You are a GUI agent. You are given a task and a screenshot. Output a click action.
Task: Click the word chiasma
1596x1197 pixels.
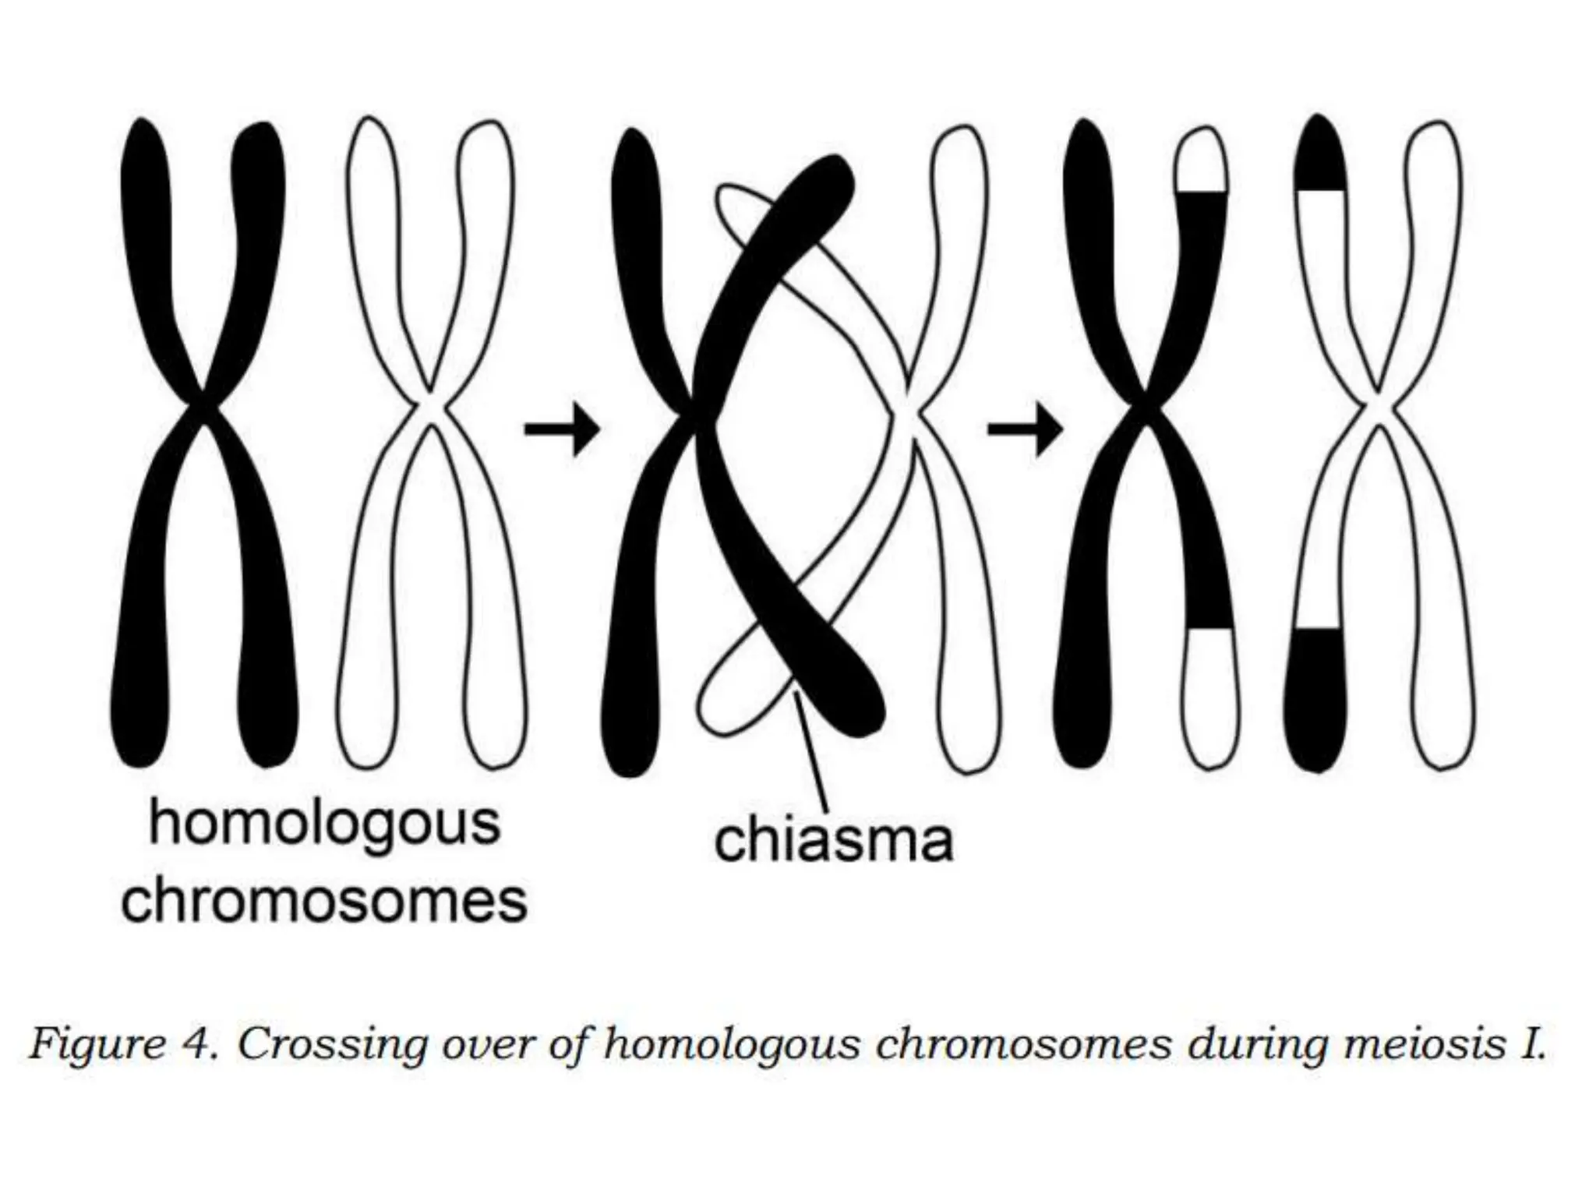pyautogui.click(x=833, y=841)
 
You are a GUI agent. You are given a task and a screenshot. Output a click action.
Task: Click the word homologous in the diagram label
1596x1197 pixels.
pyautogui.click(x=324, y=824)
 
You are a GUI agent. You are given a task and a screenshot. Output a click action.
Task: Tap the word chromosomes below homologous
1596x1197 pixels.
pyautogui.click(x=325, y=902)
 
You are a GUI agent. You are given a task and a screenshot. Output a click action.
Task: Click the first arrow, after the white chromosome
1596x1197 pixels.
pyautogui.click(x=561, y=429)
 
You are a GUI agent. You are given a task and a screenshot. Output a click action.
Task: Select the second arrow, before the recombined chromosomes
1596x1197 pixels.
pyautogui.click(x=1025, y=429)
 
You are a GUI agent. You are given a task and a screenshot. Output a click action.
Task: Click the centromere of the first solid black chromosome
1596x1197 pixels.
pyautogui.click(x=203, y=405)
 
